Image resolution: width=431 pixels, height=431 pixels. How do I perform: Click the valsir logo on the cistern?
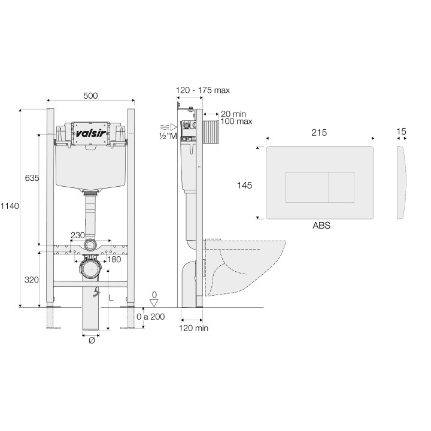90,131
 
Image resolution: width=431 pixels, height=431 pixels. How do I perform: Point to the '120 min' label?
194,328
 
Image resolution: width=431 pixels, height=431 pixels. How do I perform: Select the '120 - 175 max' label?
202,90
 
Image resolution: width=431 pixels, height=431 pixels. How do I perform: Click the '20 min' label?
233,113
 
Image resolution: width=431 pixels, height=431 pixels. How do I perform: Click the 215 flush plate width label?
320,134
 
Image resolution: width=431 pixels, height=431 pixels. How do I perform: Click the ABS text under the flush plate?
321,226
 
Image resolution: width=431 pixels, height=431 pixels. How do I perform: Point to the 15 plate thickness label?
401,131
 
